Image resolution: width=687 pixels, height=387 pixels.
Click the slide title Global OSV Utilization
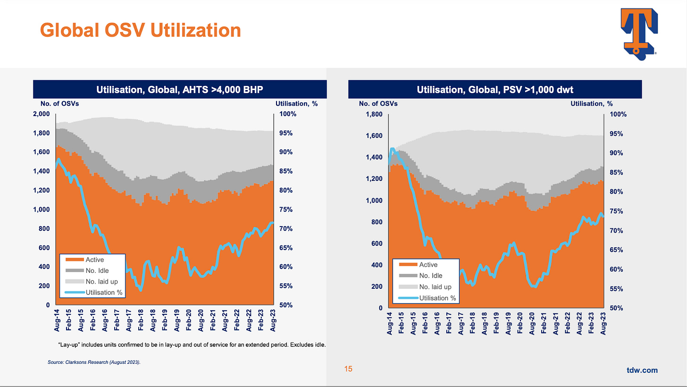[140, 30]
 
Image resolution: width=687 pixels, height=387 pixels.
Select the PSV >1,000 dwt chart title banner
[495, 89]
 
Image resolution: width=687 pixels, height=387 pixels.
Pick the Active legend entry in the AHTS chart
[94, 259]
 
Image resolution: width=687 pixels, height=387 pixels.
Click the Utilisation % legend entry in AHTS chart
[104, 292]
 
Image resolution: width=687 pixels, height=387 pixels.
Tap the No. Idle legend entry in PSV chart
[430, 276]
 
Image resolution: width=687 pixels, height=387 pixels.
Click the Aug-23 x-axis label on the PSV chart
[603, 325]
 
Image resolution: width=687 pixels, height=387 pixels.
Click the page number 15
[348, 369]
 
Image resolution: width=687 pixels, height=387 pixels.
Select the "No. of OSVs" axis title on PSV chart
[378, 103]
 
